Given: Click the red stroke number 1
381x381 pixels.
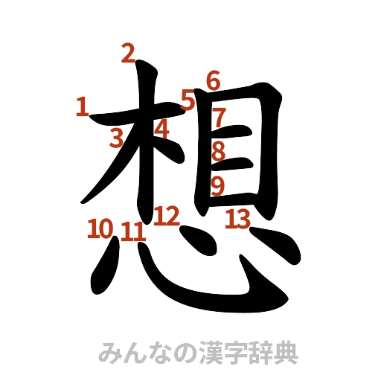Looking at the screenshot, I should [82, 108].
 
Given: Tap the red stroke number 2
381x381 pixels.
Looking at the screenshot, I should [128, 54].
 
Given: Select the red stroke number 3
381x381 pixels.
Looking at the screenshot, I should [116, 138].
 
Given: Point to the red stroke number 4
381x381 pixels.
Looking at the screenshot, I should [162, 129].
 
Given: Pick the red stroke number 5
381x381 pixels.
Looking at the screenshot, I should [187, 99].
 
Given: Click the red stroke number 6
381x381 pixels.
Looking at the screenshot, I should [214, 80].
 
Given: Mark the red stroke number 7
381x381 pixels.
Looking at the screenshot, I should [218, 117].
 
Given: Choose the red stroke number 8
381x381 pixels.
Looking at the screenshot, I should [218, 151].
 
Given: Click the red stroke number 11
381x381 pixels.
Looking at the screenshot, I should [133, 231].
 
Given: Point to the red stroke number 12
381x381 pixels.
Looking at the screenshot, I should [167, 217].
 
